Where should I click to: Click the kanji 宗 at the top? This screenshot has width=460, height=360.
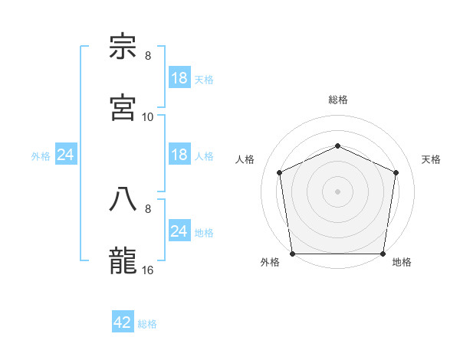(x=123, y=47)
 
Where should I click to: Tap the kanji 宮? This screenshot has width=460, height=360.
(x=123, y=107)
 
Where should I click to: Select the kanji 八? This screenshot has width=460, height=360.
(x=123, y=198)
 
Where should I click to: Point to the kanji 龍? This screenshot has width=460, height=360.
(x=123, y=259)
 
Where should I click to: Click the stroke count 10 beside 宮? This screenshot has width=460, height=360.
(x=148, y=116)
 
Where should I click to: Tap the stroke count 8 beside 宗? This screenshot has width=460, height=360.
(x=148, y=56)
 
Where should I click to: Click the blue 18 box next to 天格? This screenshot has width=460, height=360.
(x=179, y=78)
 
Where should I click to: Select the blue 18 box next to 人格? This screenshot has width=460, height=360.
(x=179, y=155)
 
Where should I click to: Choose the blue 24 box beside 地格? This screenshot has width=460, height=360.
(x=179, y=231)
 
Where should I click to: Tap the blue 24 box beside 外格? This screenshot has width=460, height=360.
(x=66, y=155)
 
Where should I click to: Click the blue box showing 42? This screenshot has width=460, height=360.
(x=123, y=322)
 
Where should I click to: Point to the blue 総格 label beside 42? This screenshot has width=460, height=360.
(x=147, y=324)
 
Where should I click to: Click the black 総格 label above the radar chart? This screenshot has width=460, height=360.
(x=337, y=100)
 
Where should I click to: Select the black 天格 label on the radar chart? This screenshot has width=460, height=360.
(x=431, y=159)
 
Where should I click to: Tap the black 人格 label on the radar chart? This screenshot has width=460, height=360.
(x=245, y=159)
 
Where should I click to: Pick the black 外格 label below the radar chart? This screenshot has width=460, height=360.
(x=270, y=262)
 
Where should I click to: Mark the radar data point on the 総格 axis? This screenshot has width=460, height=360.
(x=337, y=146)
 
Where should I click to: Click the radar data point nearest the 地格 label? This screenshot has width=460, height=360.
(x=383, y=253)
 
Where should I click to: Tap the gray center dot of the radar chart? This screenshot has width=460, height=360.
(x=337, y=191)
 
